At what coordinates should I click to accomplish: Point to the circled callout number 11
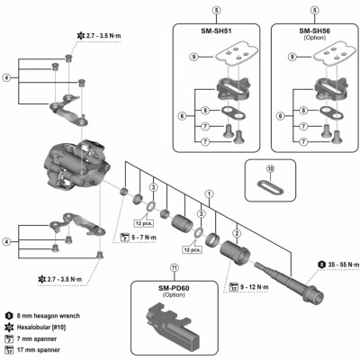[x=172, y=267]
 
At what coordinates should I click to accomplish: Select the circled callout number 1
[x=210, y=193]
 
